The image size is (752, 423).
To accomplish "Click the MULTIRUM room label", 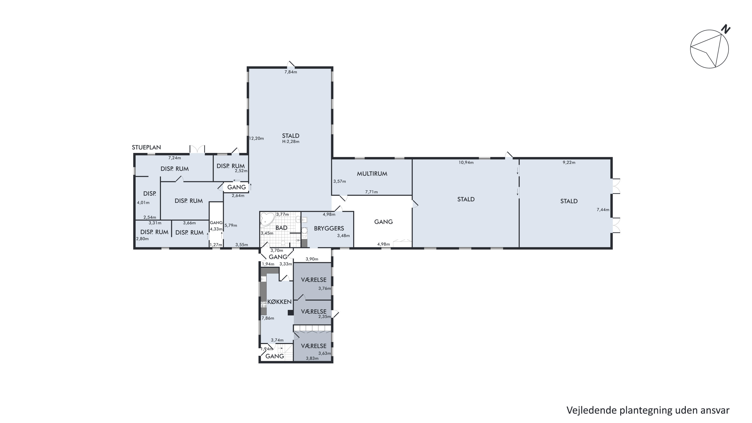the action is (x=372, y=174).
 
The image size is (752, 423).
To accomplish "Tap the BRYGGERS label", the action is (x=329, y=228).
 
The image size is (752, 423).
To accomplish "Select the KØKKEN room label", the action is (x=279, y=302).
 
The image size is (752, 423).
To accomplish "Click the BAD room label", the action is (x=281, y=228).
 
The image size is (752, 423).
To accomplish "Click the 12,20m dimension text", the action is (x=256, y=138).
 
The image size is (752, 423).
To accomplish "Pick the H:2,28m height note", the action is (x=291, y=142).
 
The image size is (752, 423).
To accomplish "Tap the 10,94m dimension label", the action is (x=466, y=162).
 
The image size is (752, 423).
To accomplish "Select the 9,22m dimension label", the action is (x=569, y=162).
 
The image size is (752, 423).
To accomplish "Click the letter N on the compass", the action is (x=725, y=30).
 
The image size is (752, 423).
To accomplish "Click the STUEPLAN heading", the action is (x=146, y=147).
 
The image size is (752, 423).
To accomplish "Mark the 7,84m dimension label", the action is (x=291, y=72).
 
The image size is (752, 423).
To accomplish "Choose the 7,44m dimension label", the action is (x=603, y=210).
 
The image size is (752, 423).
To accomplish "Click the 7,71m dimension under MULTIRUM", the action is (x=371, y=192).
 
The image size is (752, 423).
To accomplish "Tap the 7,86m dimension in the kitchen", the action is (x=268, y=318).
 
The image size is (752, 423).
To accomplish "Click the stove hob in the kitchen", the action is (x=264, y=304).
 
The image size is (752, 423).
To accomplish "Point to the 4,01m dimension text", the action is (x=143, y=203).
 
